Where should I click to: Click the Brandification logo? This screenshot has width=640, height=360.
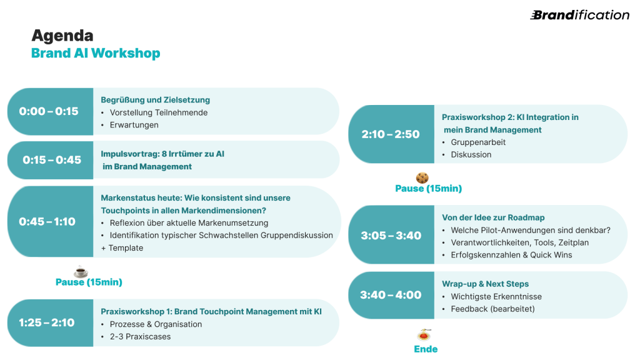coord(579,15)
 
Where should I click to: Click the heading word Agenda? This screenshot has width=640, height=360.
coord(62,35)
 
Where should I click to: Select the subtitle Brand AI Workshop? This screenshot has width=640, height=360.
coord(96,53)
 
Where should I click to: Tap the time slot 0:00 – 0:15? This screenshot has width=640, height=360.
coord(49,111)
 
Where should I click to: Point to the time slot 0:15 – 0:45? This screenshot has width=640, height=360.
coord(52,160)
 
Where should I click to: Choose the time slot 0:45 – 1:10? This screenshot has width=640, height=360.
coord(47,221)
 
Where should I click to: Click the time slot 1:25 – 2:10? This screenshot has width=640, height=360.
coord(47,322)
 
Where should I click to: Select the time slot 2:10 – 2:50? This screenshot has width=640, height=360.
coord(391,134)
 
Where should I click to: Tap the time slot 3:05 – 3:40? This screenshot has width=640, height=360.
coord(391,236)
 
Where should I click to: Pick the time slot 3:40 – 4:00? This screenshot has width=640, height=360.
coord(391,295)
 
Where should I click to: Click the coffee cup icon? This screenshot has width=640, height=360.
coord(81,272)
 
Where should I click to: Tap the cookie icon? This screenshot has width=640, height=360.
coord(422,177)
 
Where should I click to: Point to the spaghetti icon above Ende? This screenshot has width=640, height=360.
coord(425,335)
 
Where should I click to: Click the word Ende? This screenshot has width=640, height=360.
coord(426,349)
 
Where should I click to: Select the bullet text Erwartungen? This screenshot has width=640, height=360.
coord(134,125)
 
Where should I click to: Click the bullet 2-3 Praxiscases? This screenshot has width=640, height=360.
coord(140,336)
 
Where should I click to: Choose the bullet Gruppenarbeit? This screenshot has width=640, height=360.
coord(478,142)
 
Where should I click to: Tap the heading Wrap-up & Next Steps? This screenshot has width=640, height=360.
coord(485,284)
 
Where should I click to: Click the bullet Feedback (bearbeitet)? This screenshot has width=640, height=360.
coord(492,309)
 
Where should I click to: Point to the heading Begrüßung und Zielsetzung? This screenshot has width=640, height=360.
coord(156,100)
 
